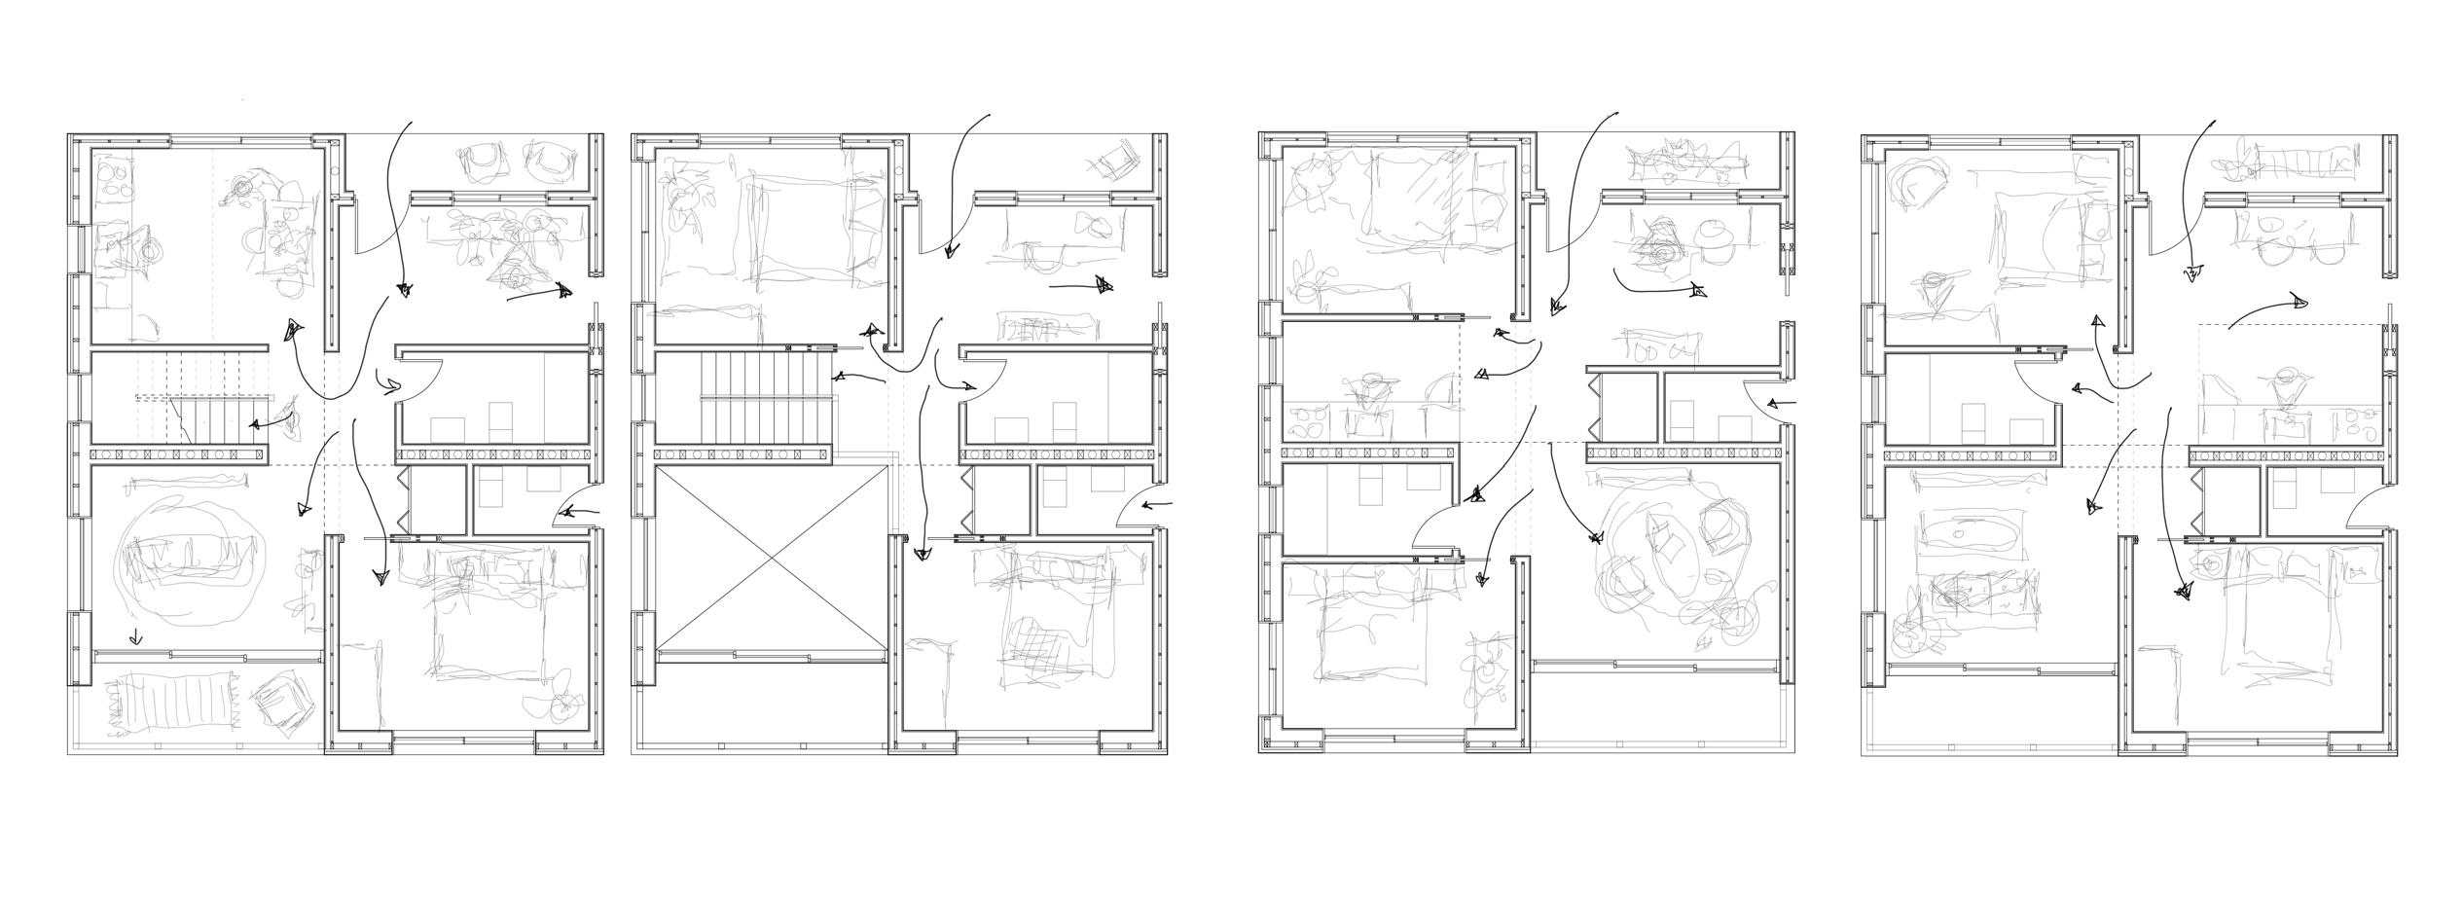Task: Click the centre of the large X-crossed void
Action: pos(772,559)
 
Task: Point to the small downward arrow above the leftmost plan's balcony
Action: pos(135,638)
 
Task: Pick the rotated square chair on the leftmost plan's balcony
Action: pos(282,700)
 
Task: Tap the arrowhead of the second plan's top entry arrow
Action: pos(951,251)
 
